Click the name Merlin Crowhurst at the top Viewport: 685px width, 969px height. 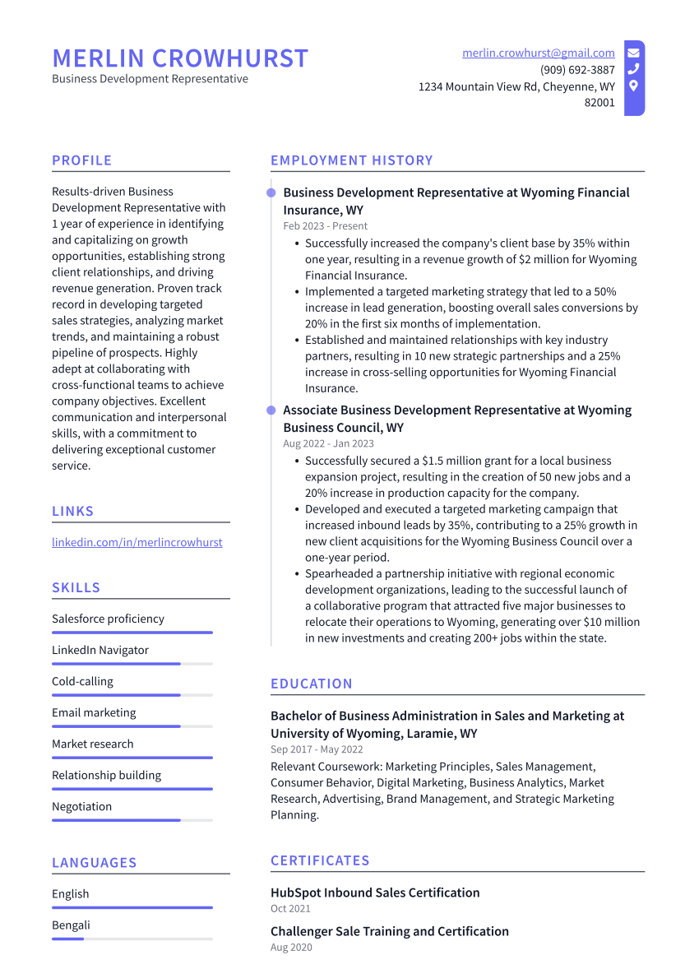pos(180,58)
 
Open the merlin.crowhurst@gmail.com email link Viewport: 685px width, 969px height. pos(538,53)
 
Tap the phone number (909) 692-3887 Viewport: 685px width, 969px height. pos(577,70)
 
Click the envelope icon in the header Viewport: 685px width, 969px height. pos(633,53)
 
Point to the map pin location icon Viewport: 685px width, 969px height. pos(633,86)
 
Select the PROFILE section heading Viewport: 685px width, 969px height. pos(81,160)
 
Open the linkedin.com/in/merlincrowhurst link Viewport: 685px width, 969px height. pos(137,542)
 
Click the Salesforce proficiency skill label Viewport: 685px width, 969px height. pos(108,619)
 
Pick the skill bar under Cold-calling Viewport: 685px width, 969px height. pos(132,695)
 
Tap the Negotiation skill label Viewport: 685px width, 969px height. pos(82,806)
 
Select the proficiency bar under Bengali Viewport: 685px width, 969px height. pos(132,939)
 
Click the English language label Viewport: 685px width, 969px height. pos(71,894)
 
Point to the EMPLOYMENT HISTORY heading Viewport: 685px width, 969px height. pos(351,160)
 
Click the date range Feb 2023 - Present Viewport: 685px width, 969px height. pos(325,226)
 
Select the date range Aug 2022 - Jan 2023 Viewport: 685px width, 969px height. pos(328,443)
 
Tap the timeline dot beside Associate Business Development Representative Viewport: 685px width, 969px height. pos(271,410)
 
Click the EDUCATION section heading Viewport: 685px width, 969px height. pos(311,684)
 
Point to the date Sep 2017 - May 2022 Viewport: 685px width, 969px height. pos(317,750)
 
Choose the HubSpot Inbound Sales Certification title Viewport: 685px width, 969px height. pos(375,892)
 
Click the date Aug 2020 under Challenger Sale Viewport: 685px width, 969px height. pos(291,948)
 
